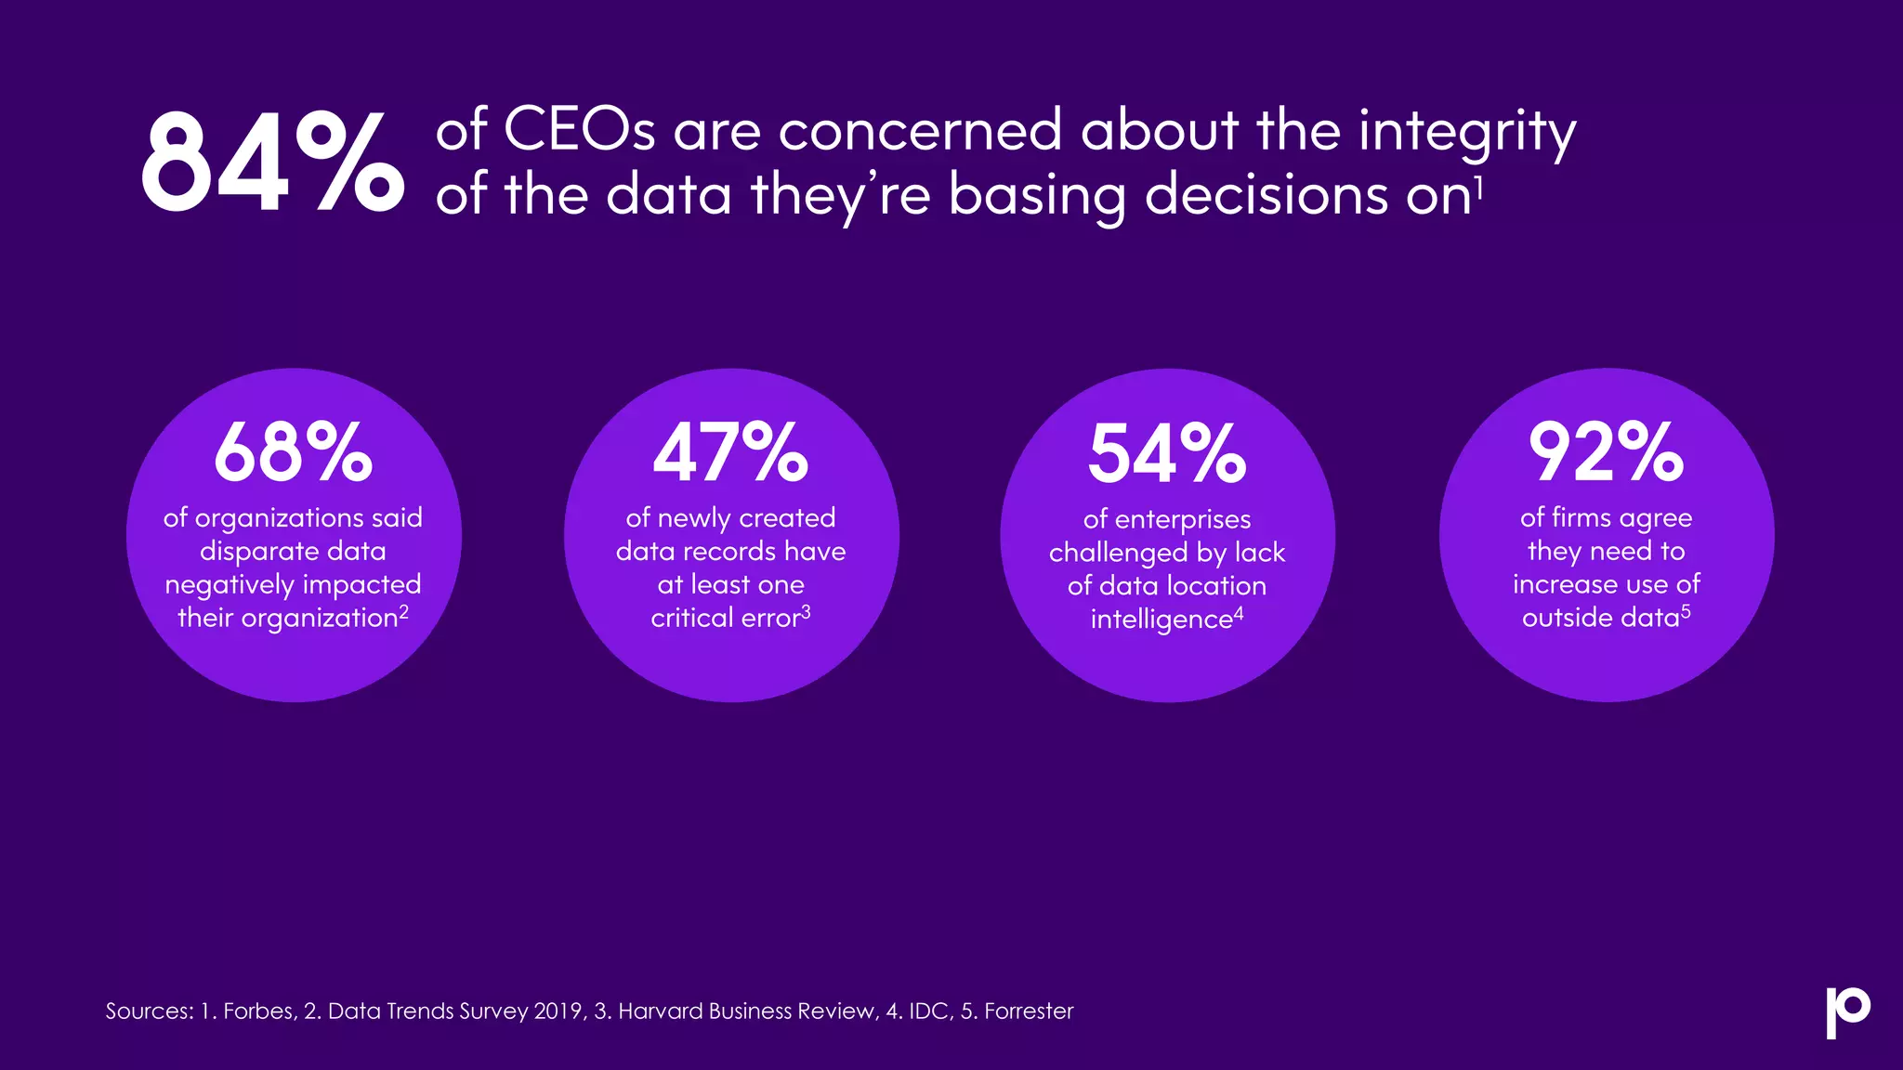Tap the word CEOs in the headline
[x=579, y=130]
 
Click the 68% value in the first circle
[x=293, y=452]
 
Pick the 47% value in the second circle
[x=730, y=452]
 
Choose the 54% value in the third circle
[x=1167, y=453]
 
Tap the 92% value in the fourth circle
[x=1606, y=452]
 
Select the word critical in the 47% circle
[x=691, y=619]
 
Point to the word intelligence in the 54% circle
[x=1161, y=620]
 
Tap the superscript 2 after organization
[x=404, y=612]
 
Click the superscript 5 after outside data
[x=1686, y=612]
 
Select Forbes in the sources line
[x=259, y=1011]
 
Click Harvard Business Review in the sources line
[x=747, y=1011]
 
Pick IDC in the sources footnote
[x=929, y=1011]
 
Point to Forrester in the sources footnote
[x=1029, y=1011]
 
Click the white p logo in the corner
[x=1847, y=1011]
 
